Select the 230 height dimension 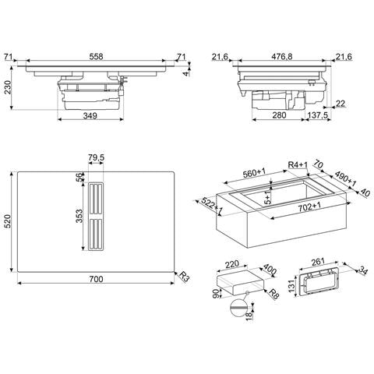click(8, 90)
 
